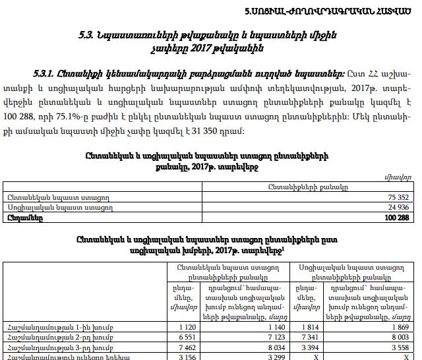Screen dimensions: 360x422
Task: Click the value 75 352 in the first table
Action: [398, 197]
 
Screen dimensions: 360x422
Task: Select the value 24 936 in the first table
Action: [398, 207]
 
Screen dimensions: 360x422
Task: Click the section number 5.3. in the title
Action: [88, 34]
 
